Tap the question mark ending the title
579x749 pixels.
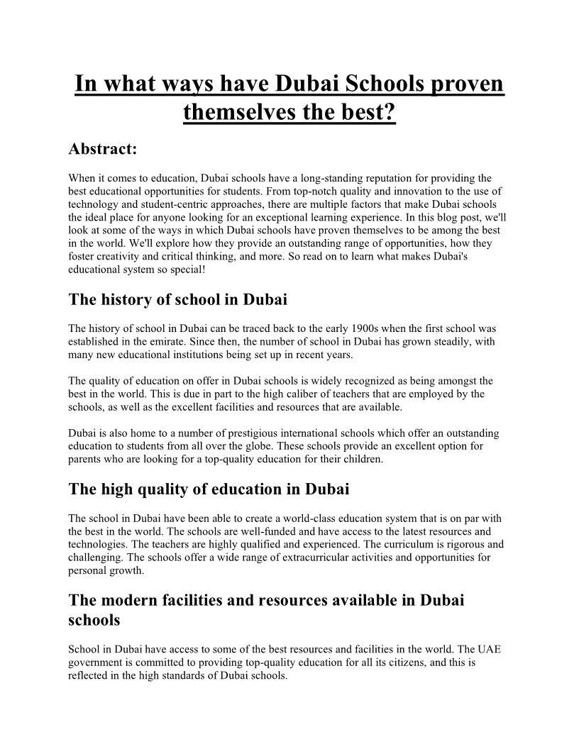389,111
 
